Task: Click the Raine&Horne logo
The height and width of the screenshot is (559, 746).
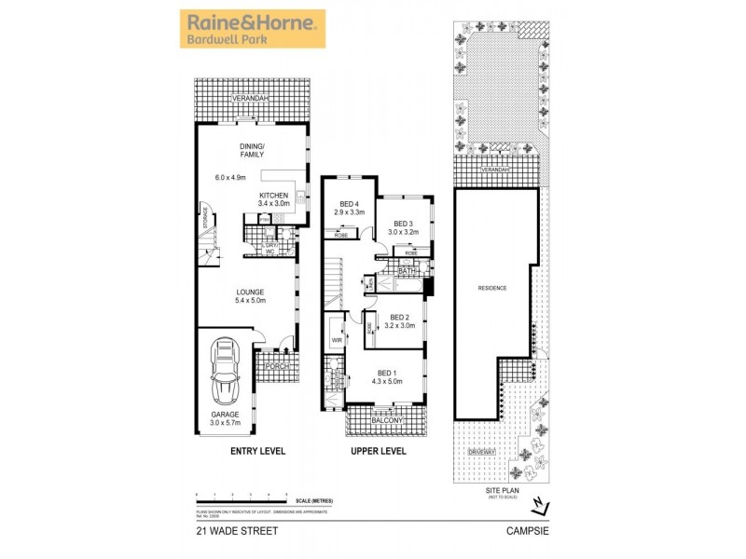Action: point(252,29)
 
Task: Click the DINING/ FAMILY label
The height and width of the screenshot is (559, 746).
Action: point(253,150)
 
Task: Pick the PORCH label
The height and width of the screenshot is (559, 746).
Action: point(277,366)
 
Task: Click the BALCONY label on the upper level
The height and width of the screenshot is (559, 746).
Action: point(387,421)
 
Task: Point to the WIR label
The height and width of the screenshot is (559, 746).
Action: point(337,341)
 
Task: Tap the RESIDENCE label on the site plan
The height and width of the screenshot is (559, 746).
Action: point(492,288)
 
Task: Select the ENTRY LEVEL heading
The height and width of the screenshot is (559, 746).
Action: point(257,452)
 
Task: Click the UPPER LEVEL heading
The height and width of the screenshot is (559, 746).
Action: point(378,452)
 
